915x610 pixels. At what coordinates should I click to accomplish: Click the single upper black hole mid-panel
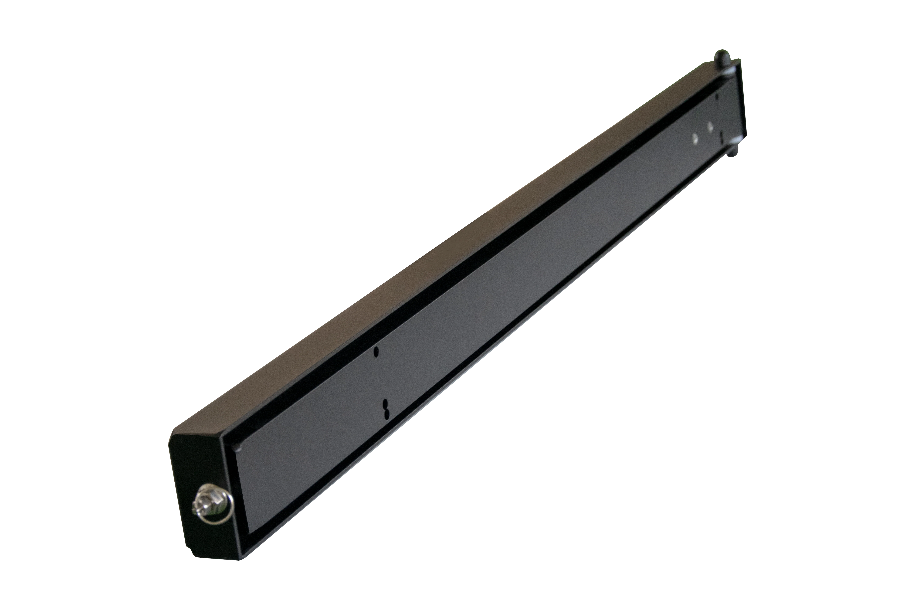376,352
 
